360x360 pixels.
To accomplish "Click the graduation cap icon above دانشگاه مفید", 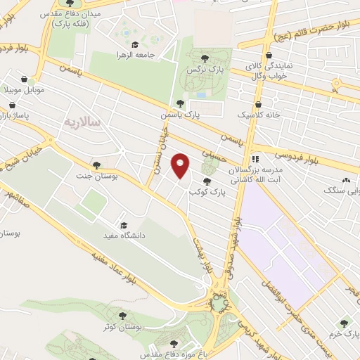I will pyautogui.click(x=124, y=225).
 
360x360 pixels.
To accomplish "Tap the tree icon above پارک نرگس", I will pyautogui.click(x=205, y=58).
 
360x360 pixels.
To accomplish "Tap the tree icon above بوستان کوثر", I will pyautogui.click(x=123, y=316).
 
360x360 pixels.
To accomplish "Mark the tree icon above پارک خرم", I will pyautogui.click(x=344, y=324).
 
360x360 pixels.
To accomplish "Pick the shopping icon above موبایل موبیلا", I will pyautogui.click(x=13, y=80).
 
